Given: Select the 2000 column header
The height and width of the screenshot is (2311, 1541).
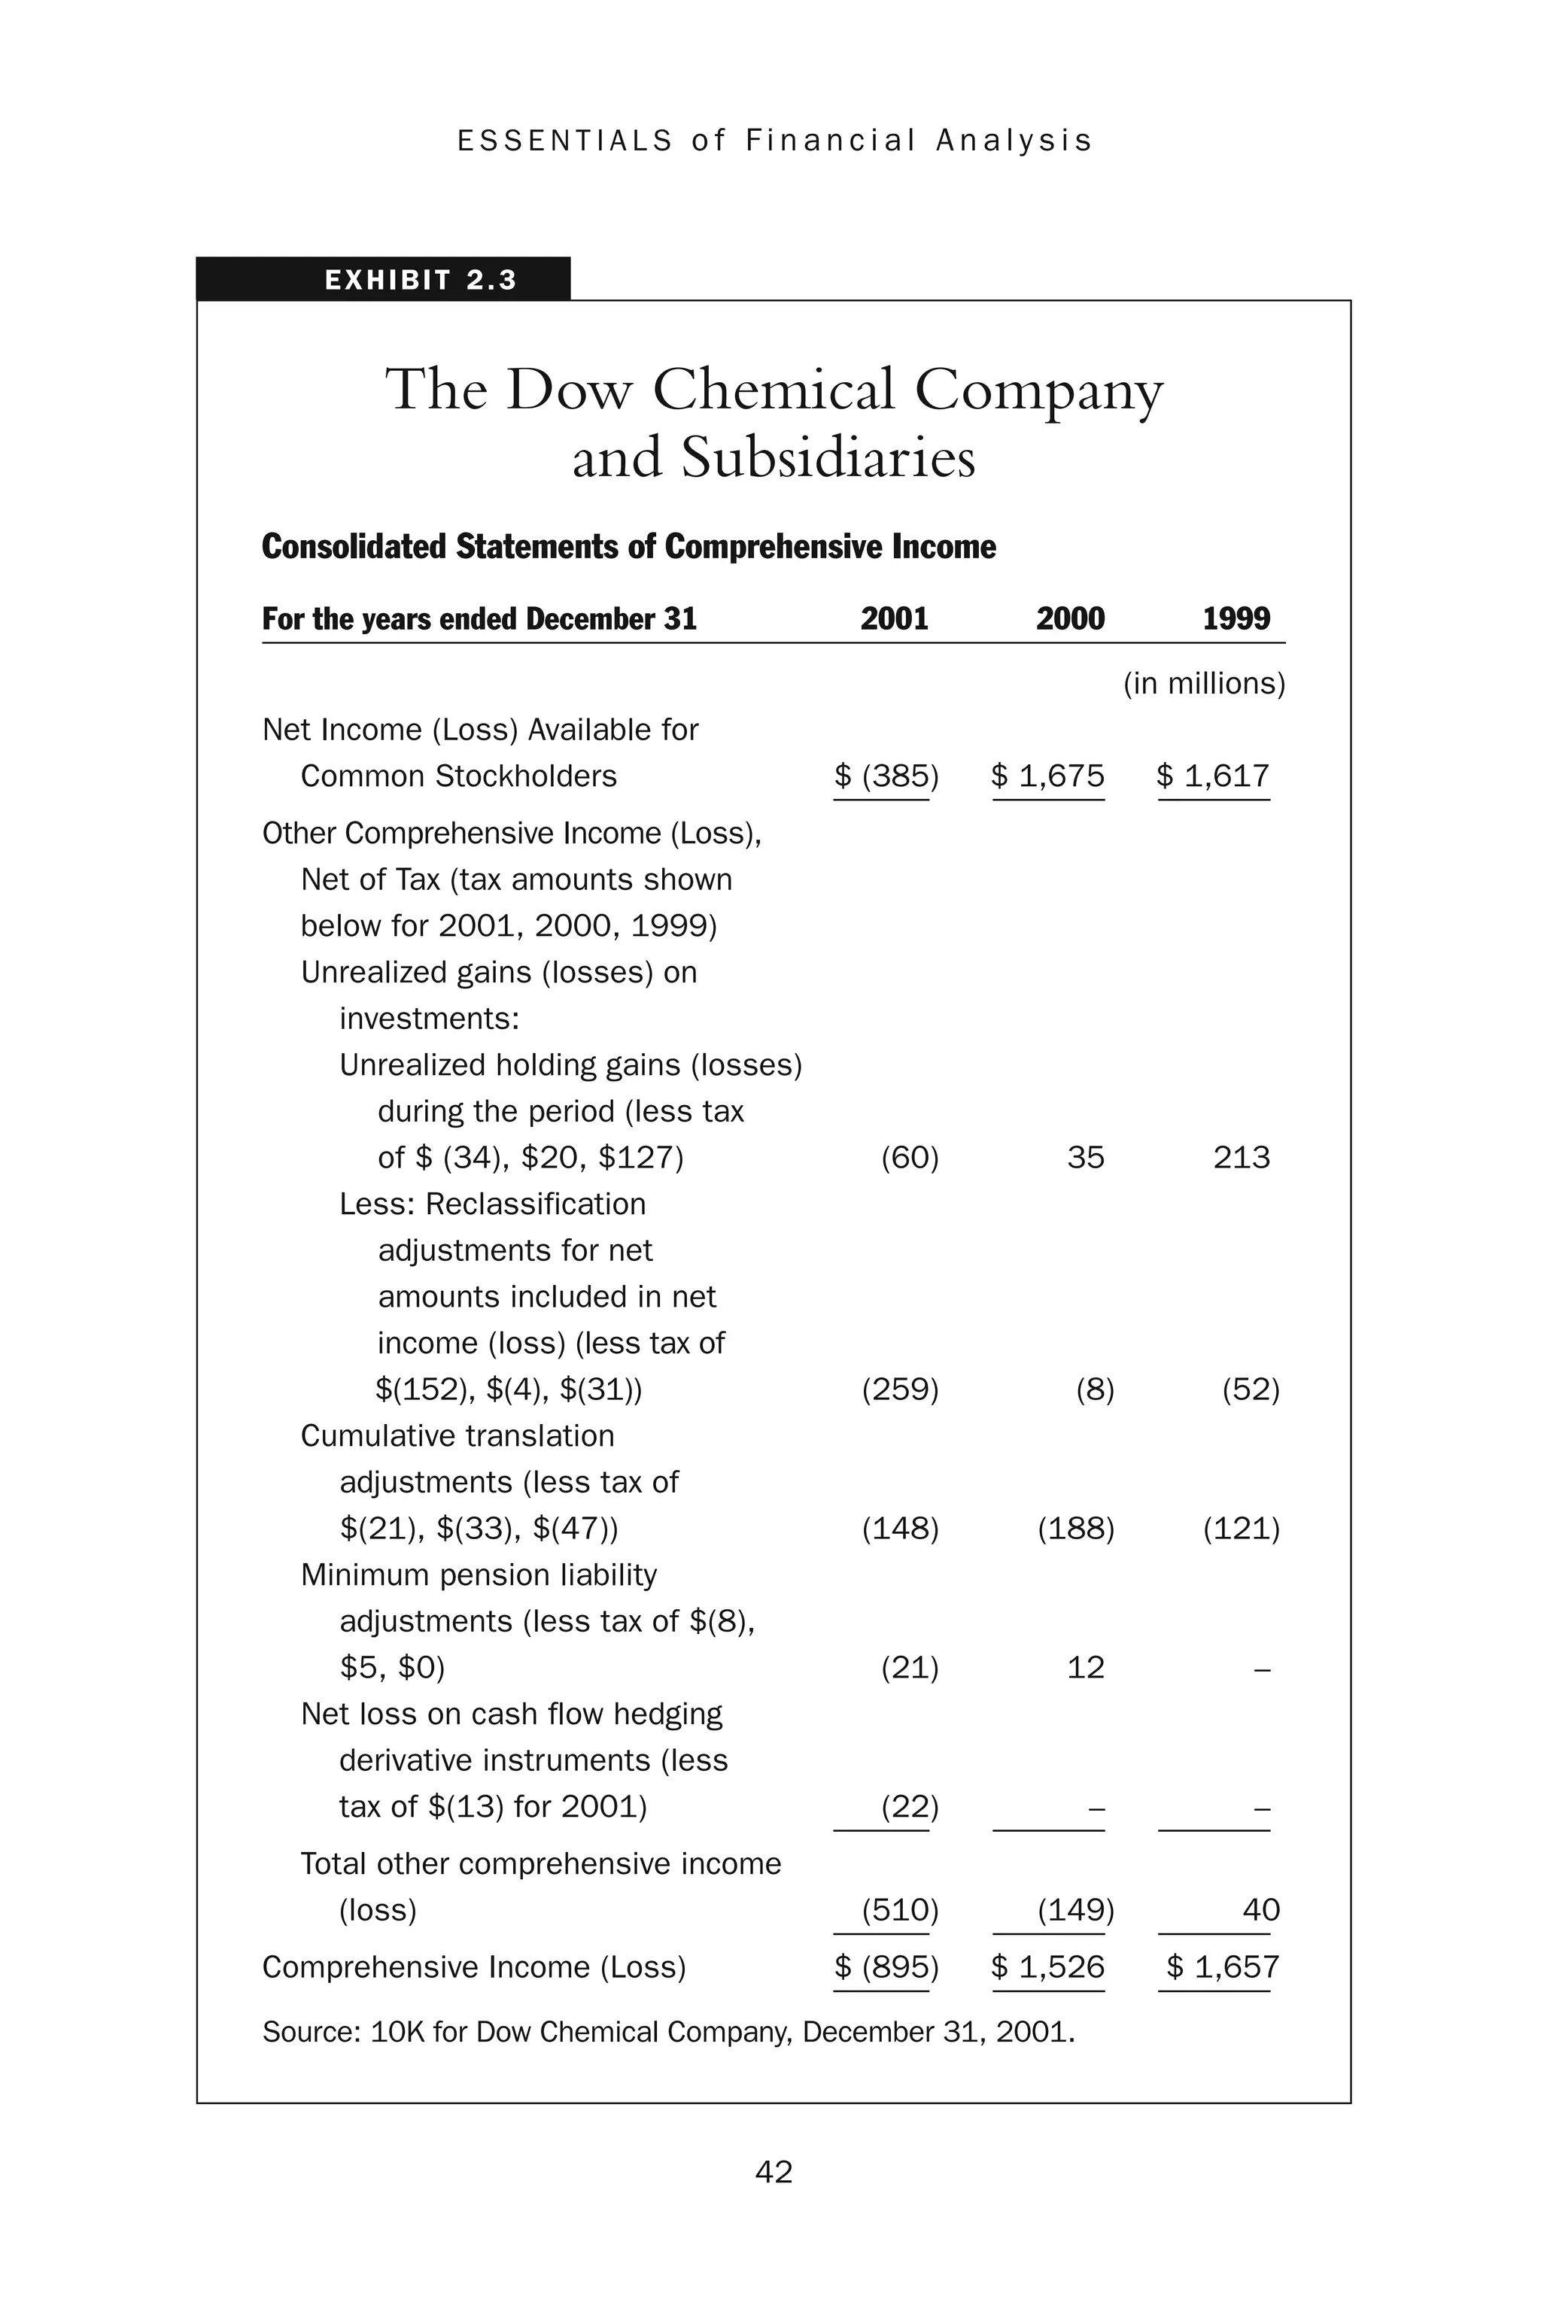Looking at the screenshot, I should click(x=1069, y=618).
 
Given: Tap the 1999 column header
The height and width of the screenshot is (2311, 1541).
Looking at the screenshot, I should click(x=1236, y=618).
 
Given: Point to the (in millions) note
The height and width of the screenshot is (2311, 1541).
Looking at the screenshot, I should click(x=1204, y=683).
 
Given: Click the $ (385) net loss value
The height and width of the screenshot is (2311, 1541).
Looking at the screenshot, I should click(x=886, y=776).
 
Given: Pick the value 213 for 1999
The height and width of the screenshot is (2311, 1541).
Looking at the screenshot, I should click(x=1242, y=1158).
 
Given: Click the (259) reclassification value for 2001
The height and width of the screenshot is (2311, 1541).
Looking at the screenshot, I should click(x=899, y=1389).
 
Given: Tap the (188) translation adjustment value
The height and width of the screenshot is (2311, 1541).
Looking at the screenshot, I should click(x=1075, y=1528).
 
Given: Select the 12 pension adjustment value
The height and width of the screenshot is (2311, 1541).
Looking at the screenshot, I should click(x=1085, y=1667).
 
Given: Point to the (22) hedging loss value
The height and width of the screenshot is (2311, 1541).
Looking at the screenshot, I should click(x=909, y=1806).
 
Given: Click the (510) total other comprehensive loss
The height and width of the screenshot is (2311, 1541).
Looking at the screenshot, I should click(x=899, y=1909).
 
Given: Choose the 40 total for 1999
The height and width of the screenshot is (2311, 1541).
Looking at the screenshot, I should click(x=1261, y=1909).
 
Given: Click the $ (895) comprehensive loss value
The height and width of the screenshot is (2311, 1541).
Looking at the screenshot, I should click(x=886, y=1966).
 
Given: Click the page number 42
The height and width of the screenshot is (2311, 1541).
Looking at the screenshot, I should click(x=774, y=2172).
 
